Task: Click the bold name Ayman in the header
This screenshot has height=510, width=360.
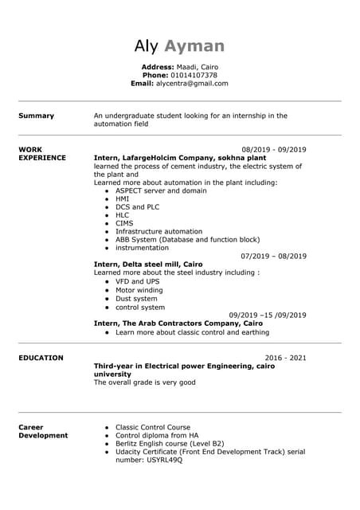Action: pyautogui.click(x=194, y=45)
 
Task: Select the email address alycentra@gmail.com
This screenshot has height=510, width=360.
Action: pyautogui.click(x=191, y=83)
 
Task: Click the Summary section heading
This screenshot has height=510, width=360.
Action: pyautogui.click(x=36, y=116)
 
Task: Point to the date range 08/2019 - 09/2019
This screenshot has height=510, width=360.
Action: pyautogui.click(x=273, y=150)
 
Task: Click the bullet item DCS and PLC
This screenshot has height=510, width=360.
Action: pyautogui.click(x=137, y=207)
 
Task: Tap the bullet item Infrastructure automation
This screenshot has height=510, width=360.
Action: pyautogui.click(x=158, y=232)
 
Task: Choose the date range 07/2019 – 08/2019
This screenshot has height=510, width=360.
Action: pyautogui.click(x=273, y=256)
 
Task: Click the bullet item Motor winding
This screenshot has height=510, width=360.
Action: pyautogui.click(x=139, y=290)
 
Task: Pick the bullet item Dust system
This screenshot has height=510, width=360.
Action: pyautogui.click(x=137, y=299)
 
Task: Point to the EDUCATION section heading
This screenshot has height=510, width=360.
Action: pyautogui.click(x=41, y=358)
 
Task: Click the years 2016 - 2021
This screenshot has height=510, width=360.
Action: pyautogui.click(x=285, y=358)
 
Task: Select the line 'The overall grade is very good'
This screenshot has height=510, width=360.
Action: pyautogui.click(x=144, y=382)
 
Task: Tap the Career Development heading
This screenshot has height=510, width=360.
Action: pyautogui.click(x=42, y=431)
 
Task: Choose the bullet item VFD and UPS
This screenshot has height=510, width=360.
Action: pyautogui.click(x=137, y=281)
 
